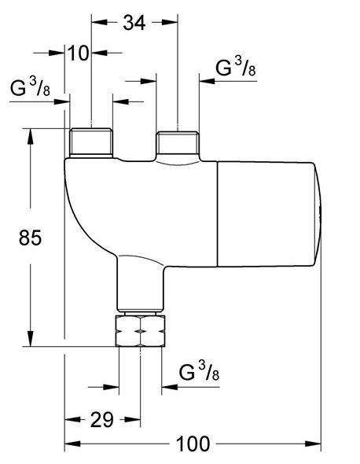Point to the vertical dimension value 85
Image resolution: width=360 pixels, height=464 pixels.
pos(28,237)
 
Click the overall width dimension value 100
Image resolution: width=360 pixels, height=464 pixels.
pos(193,444)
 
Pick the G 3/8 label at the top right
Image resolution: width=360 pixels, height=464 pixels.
pos(235,69)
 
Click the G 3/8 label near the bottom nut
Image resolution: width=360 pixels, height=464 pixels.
pos(197,371)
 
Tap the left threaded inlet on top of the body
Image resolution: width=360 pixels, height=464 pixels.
pos(90,142)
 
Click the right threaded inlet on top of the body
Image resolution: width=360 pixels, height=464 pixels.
pos(178,144)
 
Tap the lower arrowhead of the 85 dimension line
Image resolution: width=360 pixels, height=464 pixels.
pos(31,340)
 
